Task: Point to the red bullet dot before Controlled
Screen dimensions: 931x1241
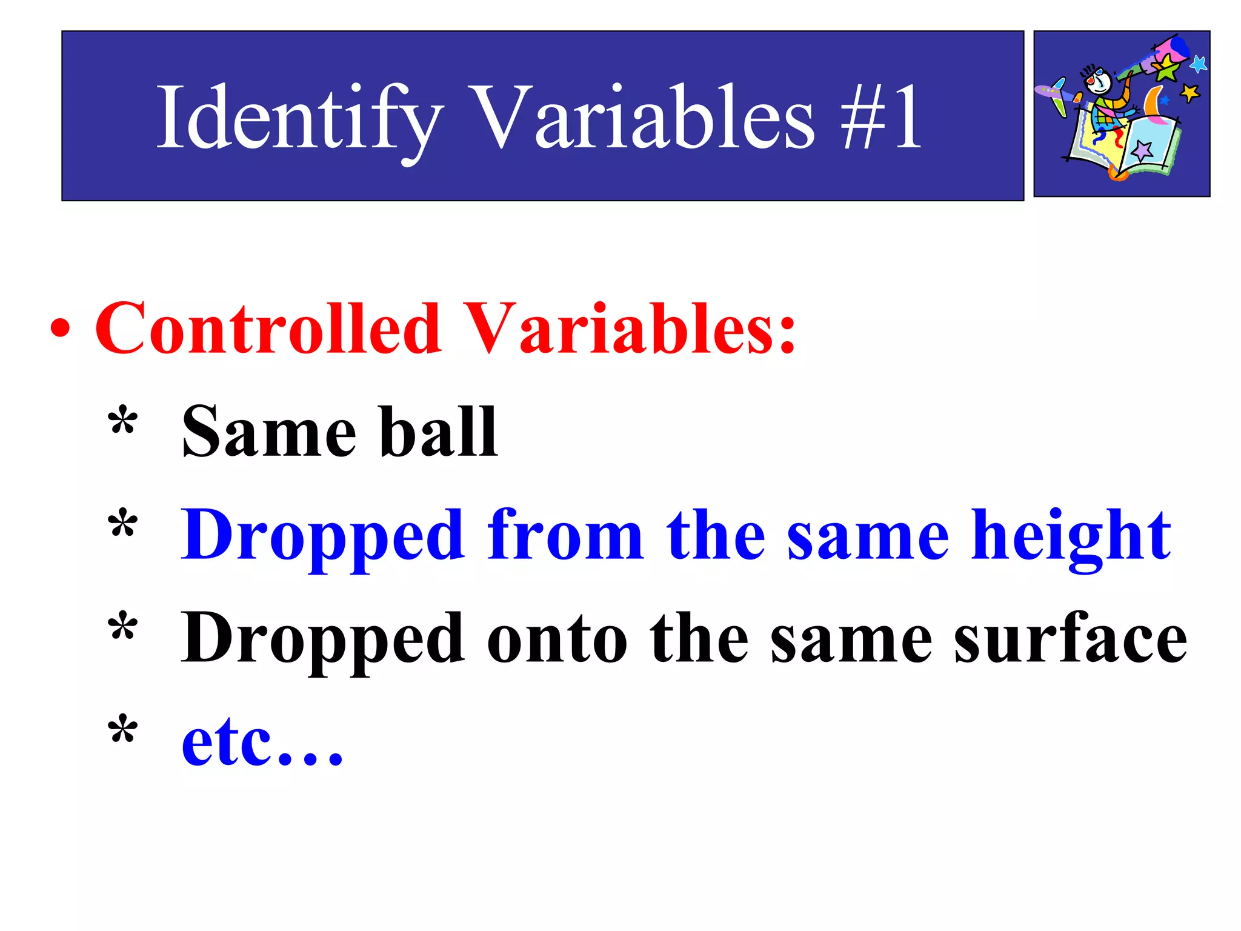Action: [60, 330]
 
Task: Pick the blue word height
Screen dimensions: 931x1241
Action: [1070, 536]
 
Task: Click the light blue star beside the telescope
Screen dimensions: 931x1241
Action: [1198, 63]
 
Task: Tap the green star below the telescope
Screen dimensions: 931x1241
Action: [1166, 70]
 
